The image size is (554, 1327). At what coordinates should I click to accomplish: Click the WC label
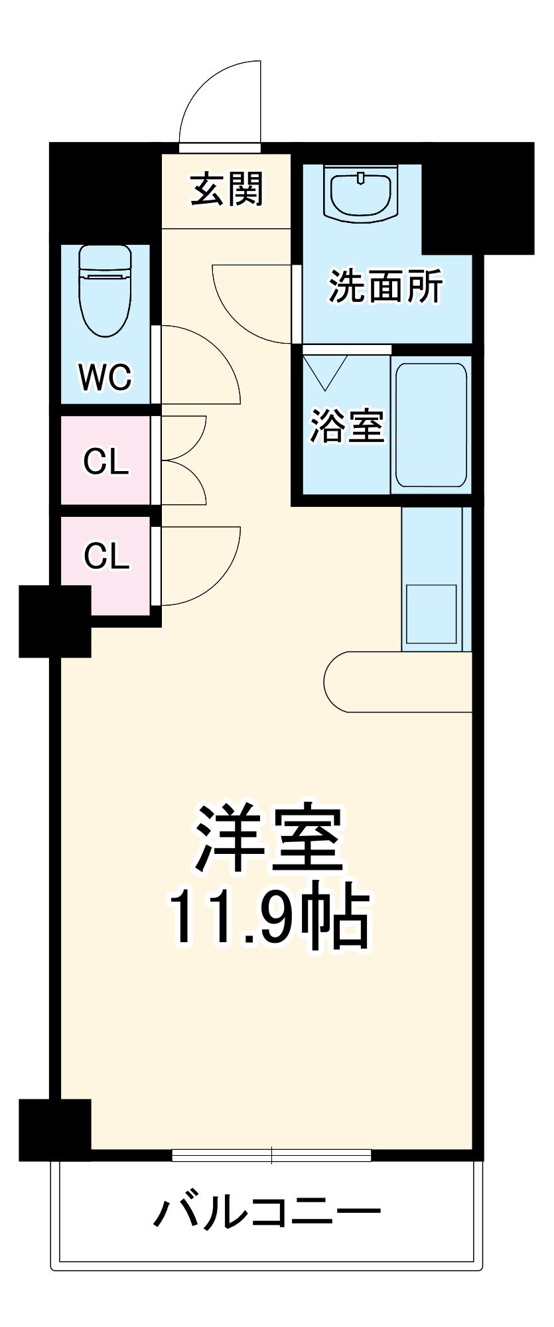coord(105,377)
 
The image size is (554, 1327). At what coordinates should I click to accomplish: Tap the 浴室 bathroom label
coord(347,425)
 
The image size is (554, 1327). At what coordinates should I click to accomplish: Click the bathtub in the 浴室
coord(431,425)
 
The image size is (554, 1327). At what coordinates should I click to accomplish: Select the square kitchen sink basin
coord(431,613)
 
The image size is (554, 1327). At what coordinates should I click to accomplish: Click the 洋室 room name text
coord(269,839)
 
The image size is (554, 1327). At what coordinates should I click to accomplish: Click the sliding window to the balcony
coord(271,1155)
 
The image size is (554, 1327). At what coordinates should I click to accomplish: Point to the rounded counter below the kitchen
coord(399,682)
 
